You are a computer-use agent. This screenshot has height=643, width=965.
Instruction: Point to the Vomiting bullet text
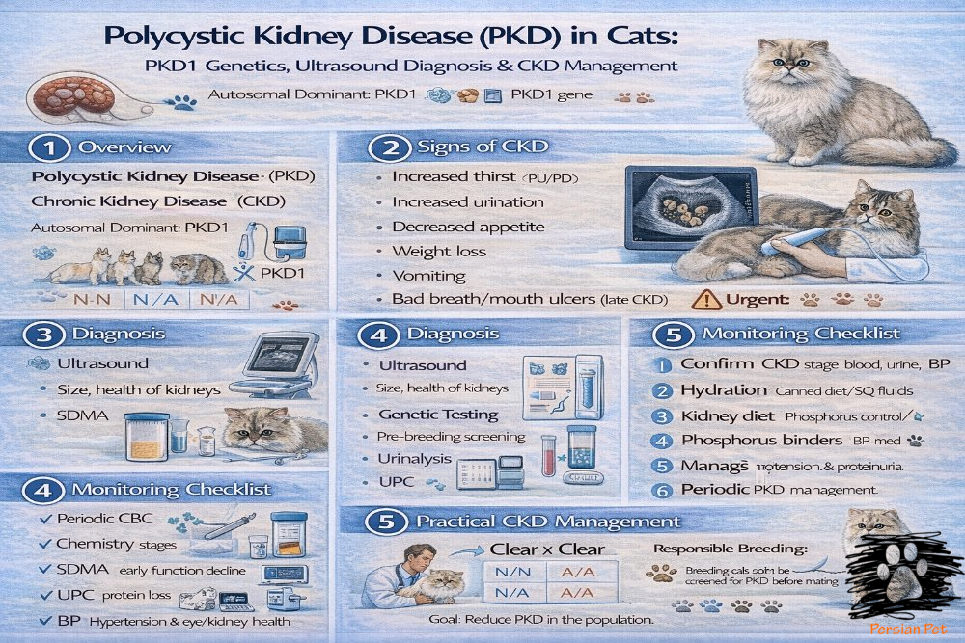(x=423, y=276)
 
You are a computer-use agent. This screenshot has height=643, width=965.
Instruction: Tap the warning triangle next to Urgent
(x=704, y=300)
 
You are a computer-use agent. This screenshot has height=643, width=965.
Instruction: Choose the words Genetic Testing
(x=438, y=415)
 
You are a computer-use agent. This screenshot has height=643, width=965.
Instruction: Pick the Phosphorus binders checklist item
(x=760, y=441)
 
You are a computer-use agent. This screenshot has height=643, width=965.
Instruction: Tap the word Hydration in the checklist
(x=724, y=390)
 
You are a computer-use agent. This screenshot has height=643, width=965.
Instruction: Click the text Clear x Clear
(x=547, y=549)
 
